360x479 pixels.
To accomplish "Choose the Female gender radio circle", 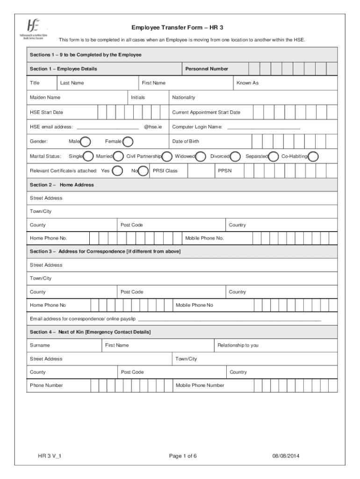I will (x=127, y=141).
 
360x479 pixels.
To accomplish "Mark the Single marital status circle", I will (x=87, y=156).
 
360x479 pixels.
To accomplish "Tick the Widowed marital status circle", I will (x=201, y=156).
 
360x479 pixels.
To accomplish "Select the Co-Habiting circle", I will (x=313, y=156).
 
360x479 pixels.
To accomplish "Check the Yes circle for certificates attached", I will (x=118, y=171).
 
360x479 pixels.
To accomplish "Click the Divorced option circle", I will (x=235, y=156).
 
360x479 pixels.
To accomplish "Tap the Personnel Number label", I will (x=207, y=69).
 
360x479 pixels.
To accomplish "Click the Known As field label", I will (x=247, y=83).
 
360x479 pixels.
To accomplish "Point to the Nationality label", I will (x=183, y=97).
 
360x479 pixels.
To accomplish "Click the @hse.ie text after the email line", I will (x=153, y=127).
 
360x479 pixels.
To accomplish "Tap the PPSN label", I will (x=224, y=171).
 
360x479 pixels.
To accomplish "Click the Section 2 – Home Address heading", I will (x=62, y=185).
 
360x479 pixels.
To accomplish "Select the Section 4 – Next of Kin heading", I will (x=90, y=332).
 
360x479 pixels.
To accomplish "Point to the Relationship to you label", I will (x=238, y=345).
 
